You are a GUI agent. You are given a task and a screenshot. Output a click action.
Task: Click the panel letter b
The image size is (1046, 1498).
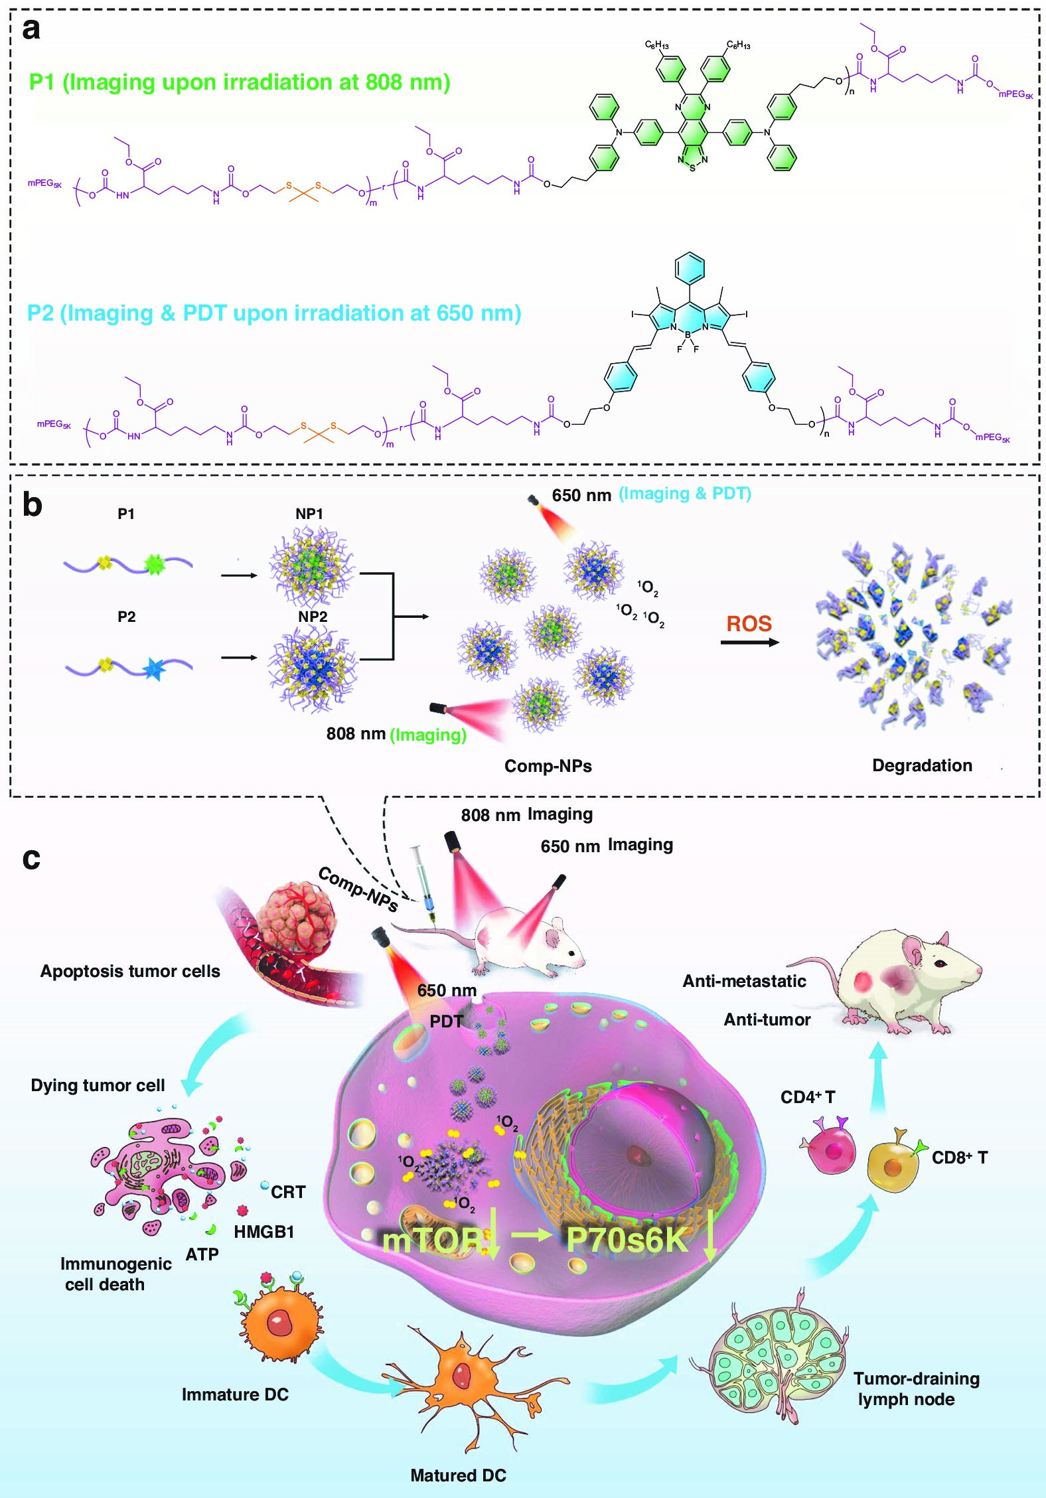coord(32,505)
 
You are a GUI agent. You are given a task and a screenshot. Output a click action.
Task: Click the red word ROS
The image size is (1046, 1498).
coord(749,624)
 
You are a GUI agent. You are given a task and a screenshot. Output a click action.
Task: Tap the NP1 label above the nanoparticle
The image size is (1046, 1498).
coord(309,514)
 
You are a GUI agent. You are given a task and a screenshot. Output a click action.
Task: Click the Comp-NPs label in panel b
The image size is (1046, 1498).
coord(548,766)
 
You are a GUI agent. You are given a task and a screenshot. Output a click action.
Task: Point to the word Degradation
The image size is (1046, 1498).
coord(922,765)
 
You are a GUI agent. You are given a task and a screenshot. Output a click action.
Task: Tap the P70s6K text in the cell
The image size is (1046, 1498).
coord(627,1238)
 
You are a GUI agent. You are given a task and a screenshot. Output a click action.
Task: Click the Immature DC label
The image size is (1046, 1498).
coord(235,1394)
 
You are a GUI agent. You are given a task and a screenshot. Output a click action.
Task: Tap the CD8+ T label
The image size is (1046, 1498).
coord(960,1158)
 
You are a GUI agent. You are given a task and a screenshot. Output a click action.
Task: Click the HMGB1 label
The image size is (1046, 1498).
coord(263,1232)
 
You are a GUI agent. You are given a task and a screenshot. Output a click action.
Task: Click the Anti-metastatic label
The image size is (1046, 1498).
coord(744,981)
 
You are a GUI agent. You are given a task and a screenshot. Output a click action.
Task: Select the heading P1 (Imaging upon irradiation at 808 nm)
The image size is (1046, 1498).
coord(240,82)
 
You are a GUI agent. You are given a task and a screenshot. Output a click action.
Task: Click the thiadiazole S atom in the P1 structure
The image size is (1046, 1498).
coord(692,168)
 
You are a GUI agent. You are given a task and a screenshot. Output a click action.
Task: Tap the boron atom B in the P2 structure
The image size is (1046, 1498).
coord(688,335)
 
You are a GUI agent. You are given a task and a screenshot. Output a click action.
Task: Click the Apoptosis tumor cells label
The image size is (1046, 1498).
coord(130,971)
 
